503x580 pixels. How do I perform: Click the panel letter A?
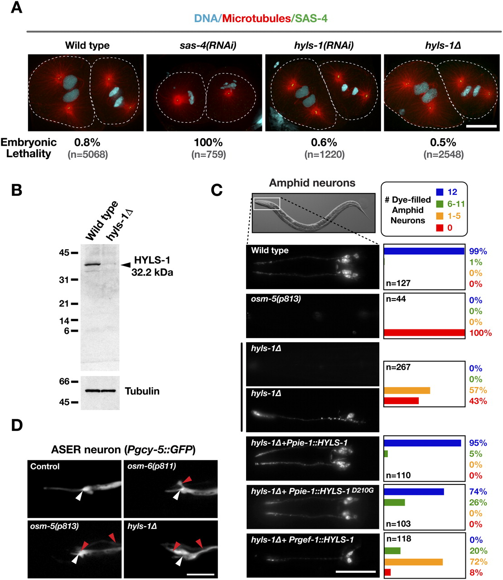pos(16,8)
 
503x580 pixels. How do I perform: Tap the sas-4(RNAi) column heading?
pos(208,45)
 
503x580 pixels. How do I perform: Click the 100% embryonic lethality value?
pos(208,142)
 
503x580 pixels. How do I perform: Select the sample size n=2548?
pos(444,155)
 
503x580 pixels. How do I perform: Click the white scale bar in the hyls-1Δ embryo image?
pos(481,126)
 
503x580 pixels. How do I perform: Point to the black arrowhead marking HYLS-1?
pos(126,265)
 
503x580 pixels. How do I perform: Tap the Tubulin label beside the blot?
pos(142,391)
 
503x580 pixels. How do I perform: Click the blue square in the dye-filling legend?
pos(440,192)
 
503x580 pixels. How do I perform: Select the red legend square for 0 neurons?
pos(440,227)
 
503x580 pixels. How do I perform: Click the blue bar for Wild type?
pos(424,251)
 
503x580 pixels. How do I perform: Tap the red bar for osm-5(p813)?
pos(424,333)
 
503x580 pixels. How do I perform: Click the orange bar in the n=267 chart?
pos(407,390)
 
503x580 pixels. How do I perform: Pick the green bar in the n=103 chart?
pos(394,502)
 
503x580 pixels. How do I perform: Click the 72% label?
pos(479,562)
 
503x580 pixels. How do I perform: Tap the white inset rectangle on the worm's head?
pos(267,203)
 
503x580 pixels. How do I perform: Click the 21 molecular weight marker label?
pos(64,304)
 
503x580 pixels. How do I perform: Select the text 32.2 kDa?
pos(152,273)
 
